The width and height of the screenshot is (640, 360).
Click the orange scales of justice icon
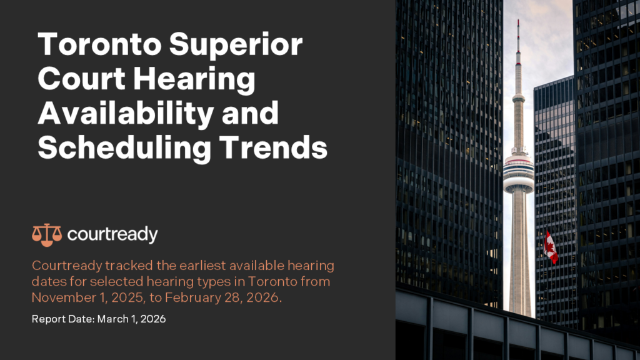point(46,234)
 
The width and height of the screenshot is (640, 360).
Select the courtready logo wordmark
point(112,234)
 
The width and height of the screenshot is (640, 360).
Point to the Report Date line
point(99,319)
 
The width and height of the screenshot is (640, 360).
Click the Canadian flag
point(551,246)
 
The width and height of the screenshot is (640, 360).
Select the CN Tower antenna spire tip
point(517,24)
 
